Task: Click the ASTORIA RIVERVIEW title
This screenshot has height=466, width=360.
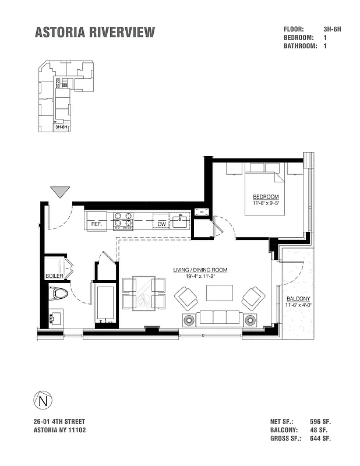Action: [x=95, y=32]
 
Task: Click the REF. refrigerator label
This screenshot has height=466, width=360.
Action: [x=97, y=224]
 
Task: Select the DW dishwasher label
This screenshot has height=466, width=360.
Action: [x=161, y=224]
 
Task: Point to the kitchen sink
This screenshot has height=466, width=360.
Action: [x=181, y=221]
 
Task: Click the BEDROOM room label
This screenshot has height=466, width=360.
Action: [x=265, y=196]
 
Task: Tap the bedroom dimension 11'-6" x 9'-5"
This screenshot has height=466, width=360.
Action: [x=265, y=203]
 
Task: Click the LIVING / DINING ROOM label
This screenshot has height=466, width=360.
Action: [x=200, y=270]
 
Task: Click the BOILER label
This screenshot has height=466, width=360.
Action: [x=54, y=276]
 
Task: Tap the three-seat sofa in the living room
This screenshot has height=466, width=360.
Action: [x=220, y=317]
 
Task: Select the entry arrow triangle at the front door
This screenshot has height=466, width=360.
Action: [x=60, y=192]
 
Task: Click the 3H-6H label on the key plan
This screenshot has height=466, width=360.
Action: [x=61, y=126]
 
